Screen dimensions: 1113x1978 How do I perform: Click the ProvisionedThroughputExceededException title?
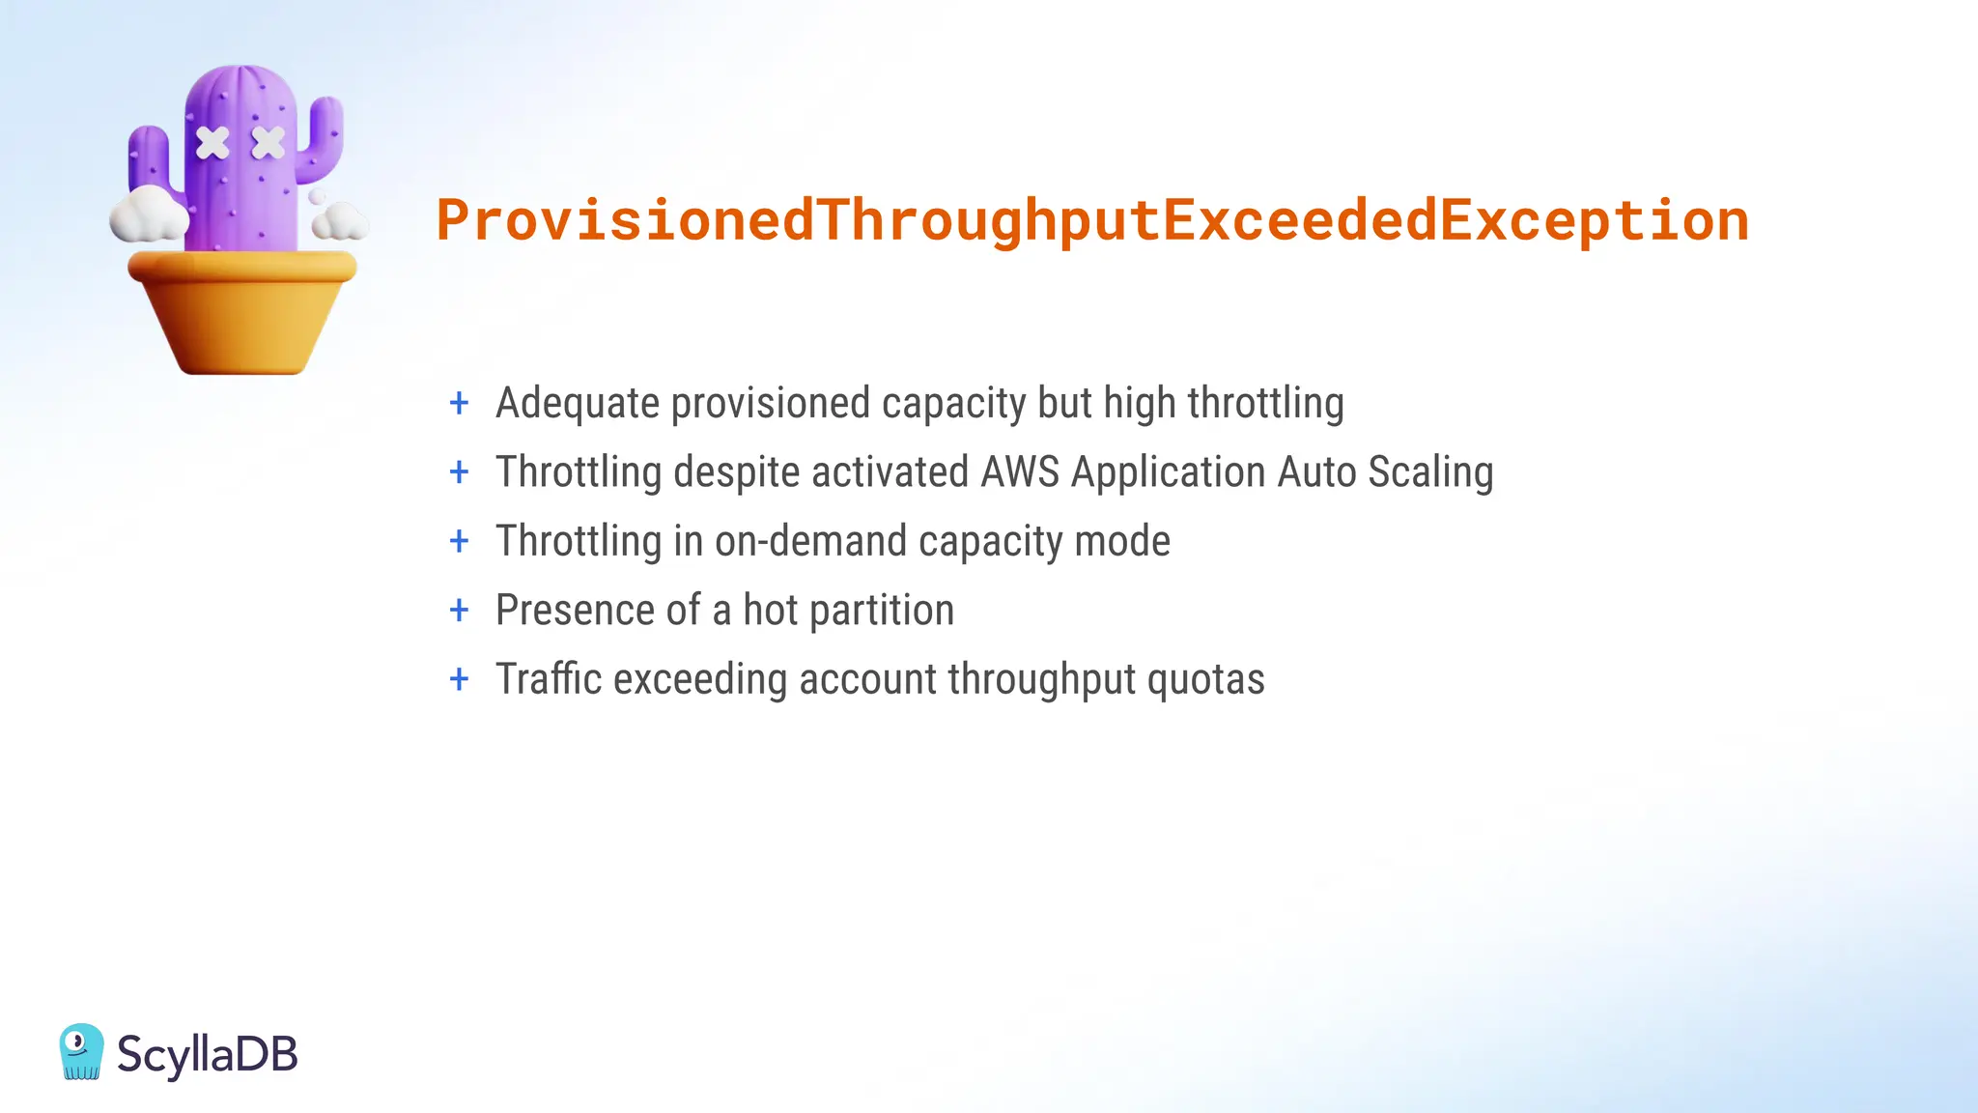(x=1092, y=220)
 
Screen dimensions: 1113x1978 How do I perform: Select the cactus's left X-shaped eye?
(x=212, y=143)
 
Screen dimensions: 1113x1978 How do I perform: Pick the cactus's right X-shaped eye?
(x=268, y=143)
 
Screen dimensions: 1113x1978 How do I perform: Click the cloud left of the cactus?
(x=147, y=214)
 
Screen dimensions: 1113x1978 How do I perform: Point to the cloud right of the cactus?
(x=339, y=221)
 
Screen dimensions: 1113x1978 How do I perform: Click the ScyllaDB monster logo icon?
(x=81, y=1051)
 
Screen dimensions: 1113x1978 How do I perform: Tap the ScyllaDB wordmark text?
(x=207, y=1053)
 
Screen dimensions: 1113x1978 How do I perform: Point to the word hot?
(x=770, y=611)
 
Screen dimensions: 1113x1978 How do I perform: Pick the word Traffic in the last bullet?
(x=549, y=679)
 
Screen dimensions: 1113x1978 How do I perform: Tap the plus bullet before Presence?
(x=460, y=611)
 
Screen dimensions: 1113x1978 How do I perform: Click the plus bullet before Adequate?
(x=460, y=403)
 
